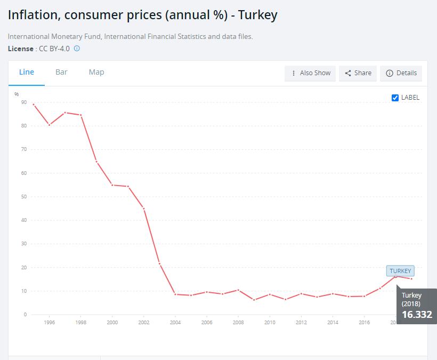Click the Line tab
(27, 72)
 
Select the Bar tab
(61, 72)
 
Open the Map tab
(96, 72)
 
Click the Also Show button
(310, 73)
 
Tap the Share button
(358, 73)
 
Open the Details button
(401, 73)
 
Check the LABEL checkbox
(395, 98)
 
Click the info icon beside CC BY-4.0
(77, 49)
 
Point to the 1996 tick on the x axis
(50, 322)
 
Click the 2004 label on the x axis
(175, 322)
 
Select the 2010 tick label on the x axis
(270, 322)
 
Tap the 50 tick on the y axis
(24, 196)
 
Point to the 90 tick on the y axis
(24, 102)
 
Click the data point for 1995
(34, 105)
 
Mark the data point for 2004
(175, 294)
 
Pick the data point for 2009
(254, 300)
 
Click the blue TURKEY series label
(400, 271)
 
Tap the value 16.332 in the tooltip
(417, 314)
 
